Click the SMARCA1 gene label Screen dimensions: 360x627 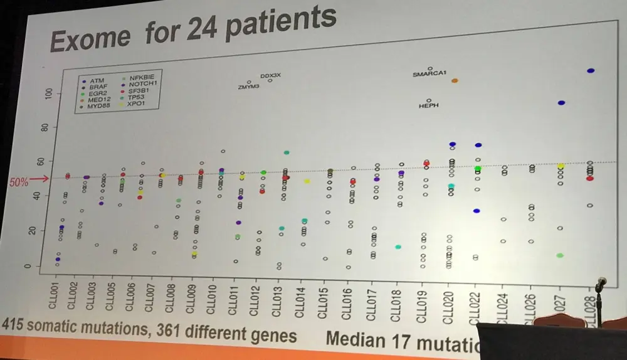pos(429,74)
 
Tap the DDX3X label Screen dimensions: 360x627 pos(271,75)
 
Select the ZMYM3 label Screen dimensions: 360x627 pos(249,87)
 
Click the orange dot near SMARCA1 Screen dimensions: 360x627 pos(455,81)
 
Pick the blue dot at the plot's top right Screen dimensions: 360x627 pos(590,71)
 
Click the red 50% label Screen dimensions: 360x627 pos(19,182)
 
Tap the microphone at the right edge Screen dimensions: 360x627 pos(600,285)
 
